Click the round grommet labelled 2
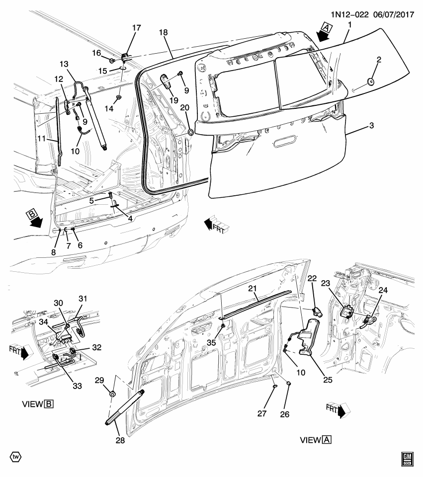[x=371, y=81]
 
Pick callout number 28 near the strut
[x=119, y=440]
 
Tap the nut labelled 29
[x=112, y=394]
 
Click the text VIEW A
[x=316, y=440]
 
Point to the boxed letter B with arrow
[x=32, y=215]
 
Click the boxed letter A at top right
[x=325, y=27]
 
